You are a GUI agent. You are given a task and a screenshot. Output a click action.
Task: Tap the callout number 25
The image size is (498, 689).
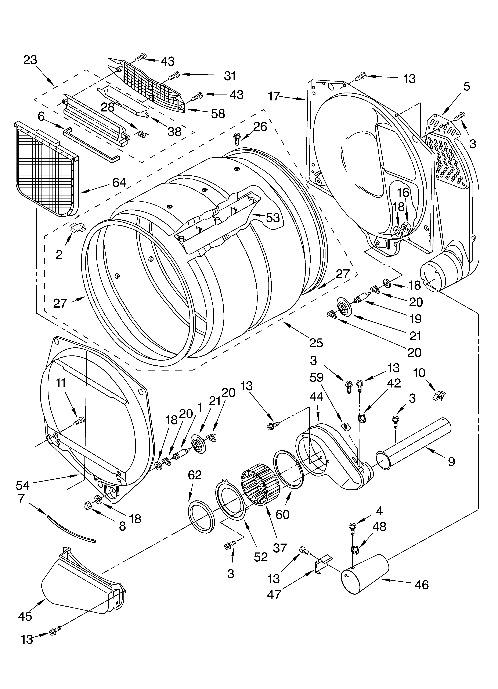click(x=316, y=342)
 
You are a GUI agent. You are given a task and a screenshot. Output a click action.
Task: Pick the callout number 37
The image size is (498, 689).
click(x=280, y=548)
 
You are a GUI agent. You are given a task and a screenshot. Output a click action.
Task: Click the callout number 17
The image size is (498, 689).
click(x=274, y=97)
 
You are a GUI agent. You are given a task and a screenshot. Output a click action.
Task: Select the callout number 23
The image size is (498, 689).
click(x=30, y=60)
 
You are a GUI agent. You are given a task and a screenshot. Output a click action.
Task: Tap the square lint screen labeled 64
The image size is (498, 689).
click(x=46, y=170)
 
